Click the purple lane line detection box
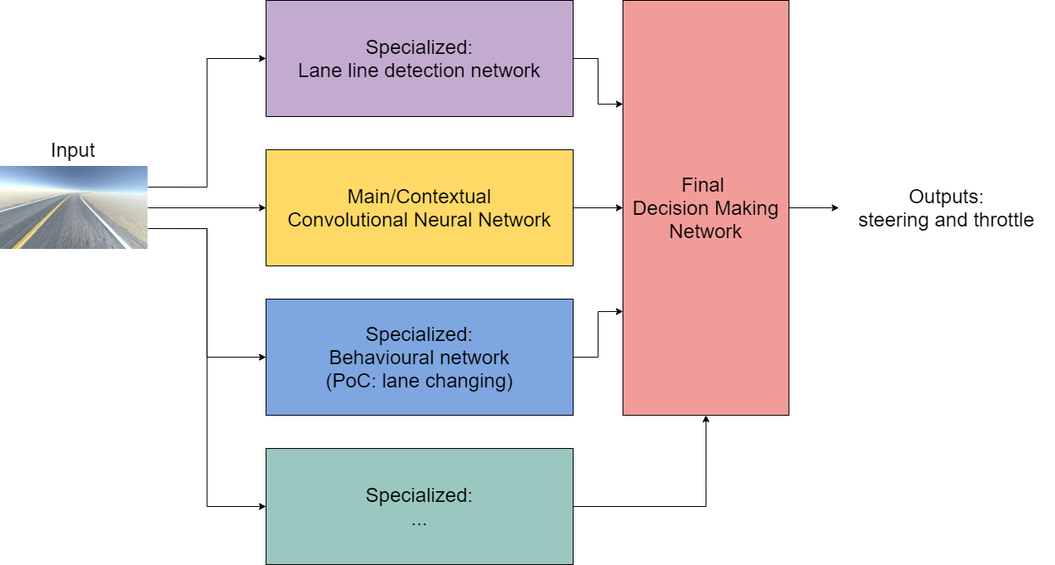(419, 58)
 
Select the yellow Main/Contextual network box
(419, 207)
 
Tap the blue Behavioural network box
(419, 357)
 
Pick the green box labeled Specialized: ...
(419, 506)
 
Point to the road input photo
(74, 207)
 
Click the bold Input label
(73, 150)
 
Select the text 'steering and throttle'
(945, 220)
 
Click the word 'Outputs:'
(945, 197)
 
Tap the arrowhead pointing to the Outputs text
(835, 207)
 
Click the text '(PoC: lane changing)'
(419, 382)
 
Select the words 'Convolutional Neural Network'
(419, 220)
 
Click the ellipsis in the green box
(419, 523)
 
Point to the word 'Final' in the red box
(703, 184)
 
